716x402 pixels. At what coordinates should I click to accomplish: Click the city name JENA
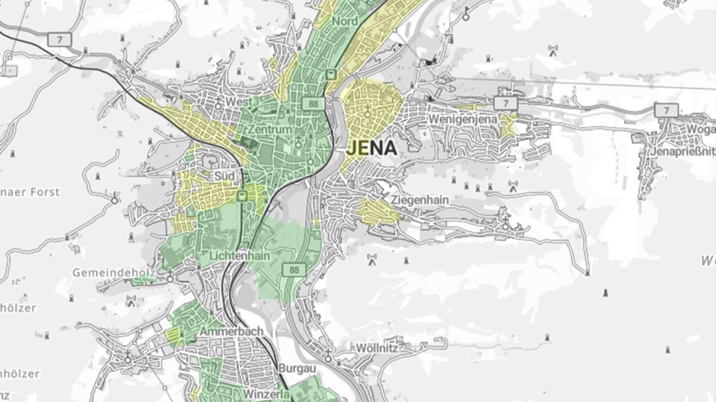coord(372,148)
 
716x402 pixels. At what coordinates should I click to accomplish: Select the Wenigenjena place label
coord(462,119)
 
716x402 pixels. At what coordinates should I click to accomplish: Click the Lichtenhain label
coord(229,255)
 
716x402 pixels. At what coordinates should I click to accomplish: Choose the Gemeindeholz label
coord(113,273)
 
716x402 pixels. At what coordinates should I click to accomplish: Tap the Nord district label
coord(345,22)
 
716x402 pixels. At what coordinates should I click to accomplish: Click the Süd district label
coord(224,176)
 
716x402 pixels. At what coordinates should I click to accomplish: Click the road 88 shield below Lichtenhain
coord(296,270)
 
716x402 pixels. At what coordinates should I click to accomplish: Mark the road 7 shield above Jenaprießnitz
coord(665,110)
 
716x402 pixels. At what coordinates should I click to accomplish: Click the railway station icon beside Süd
coord(242,195)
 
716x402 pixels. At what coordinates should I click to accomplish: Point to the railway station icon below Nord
coord(330,74)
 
